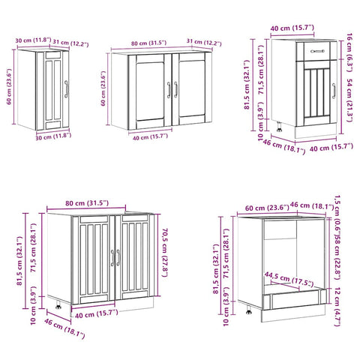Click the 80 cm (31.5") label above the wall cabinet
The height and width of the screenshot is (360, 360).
pos(146,42)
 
